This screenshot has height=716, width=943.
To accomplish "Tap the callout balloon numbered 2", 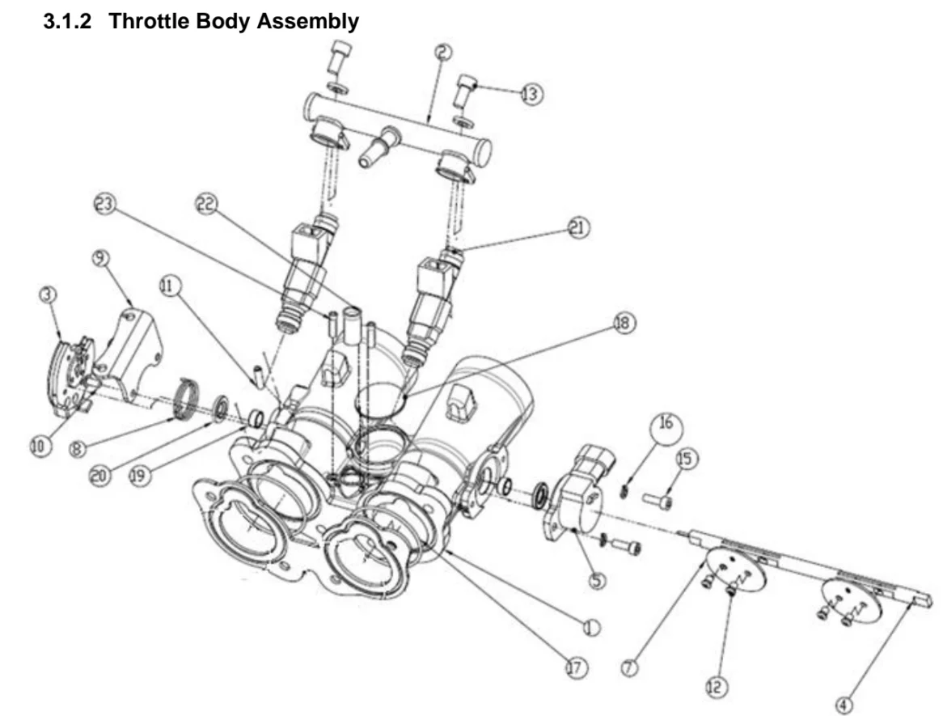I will click(443, 53).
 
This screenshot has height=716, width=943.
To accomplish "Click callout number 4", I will click(844, 705).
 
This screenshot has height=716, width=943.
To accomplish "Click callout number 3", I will click(49, 295).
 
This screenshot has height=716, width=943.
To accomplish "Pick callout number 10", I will click(39, 447).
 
